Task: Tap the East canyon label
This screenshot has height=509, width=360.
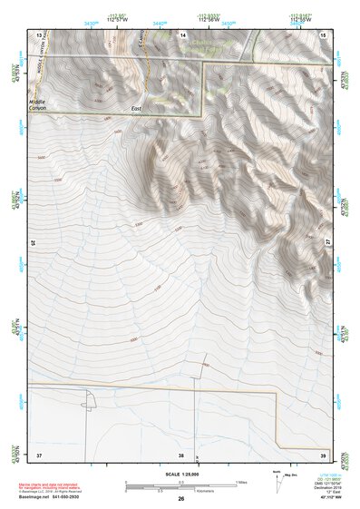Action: [136, 112]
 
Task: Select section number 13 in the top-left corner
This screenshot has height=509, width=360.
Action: [39, 34]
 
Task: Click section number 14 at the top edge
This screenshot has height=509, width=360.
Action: [183, 34]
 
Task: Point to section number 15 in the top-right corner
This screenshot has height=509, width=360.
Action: [324, 34]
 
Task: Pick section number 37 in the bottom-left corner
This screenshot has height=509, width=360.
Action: [39, 455]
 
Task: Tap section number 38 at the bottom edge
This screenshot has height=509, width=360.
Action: [181, 455]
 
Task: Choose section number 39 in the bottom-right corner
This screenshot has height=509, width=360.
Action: [324, 455]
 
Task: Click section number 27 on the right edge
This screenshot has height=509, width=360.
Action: [328, 242]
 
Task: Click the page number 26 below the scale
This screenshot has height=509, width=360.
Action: [181, 498]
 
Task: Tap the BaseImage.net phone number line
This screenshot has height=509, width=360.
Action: [56, 498]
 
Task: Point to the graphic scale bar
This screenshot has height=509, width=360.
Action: [181, 486]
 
